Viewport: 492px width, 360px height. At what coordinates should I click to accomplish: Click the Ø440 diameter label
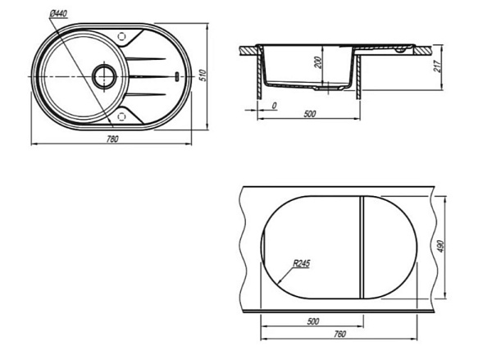click(58, 13)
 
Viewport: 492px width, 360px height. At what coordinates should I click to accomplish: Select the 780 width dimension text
click(112, 139)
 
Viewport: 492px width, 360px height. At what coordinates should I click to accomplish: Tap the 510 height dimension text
click(203, 75)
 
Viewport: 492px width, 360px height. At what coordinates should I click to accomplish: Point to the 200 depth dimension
click(318, 62)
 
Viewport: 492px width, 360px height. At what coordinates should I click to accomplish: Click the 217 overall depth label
click(437, 66)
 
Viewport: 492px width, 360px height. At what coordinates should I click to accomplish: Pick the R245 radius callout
click(301, 263)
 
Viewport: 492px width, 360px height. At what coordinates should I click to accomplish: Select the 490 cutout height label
click(440, 247)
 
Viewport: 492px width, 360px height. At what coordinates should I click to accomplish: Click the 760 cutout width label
click(339, 334)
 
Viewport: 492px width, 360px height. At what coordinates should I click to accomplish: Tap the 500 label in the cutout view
click(313, 321)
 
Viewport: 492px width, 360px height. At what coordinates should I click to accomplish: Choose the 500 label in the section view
click(310, 114)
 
